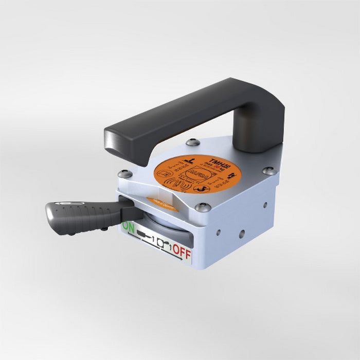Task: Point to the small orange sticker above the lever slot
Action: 162,204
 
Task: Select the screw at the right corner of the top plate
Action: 268,170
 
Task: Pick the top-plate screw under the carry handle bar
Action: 192,142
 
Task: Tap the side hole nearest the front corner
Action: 218,232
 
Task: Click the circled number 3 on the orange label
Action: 205,188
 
